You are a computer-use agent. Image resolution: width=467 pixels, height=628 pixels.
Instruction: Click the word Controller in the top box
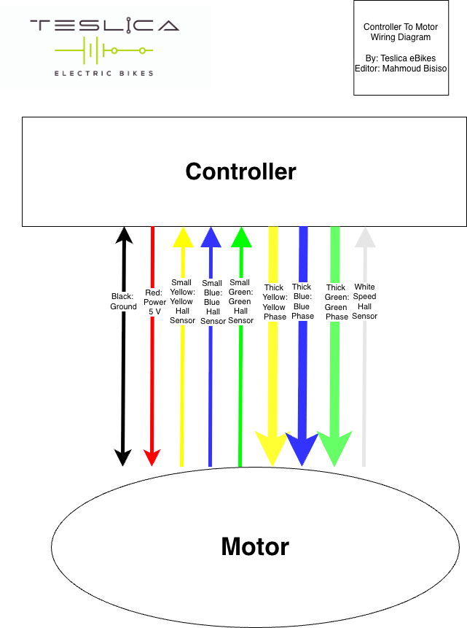(x=240, y=171)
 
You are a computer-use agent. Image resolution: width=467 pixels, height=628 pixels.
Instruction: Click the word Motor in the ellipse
(x=255, y=546)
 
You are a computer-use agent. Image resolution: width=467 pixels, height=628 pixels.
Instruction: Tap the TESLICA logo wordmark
(x=104, y=26)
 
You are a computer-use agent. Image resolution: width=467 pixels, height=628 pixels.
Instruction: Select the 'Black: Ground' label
(x=124, y=301)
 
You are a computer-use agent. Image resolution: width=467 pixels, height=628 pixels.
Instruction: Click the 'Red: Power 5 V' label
(x=154, y=301)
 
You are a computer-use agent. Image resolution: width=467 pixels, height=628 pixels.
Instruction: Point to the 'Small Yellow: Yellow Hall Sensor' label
(x=181, y=301)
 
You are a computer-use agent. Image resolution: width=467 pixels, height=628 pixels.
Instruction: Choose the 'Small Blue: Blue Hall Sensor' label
(x=212, y=302)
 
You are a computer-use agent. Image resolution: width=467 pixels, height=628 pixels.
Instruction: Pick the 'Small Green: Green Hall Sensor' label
(x=240, y=301)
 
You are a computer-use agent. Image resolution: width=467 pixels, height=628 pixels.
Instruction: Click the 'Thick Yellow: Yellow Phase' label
(x=275, y=302)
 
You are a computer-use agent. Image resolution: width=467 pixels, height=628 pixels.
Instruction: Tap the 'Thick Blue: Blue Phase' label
(x=302, y=301)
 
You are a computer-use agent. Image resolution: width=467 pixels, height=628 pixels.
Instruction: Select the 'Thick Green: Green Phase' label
(x=336, y=302)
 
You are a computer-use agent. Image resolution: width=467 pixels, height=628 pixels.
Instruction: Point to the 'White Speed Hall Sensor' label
(x=364, y=301)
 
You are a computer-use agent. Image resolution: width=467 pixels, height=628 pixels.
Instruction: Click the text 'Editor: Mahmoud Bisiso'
(x=400, y=69)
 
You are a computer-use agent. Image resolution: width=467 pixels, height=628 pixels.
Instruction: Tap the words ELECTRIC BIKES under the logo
(x=104, y=73)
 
